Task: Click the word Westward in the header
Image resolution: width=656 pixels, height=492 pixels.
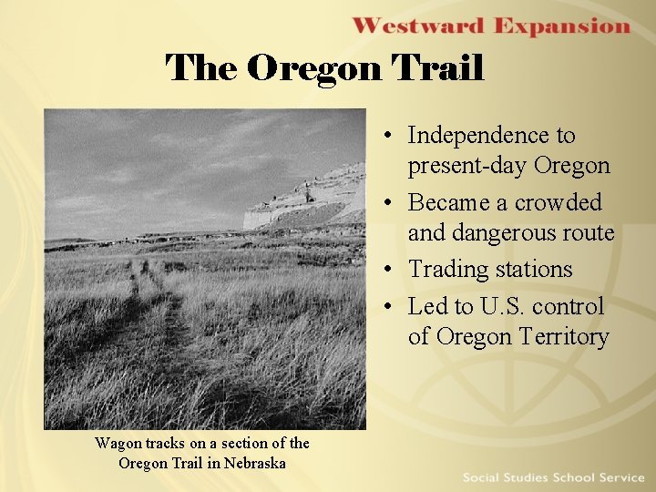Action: (418, 26)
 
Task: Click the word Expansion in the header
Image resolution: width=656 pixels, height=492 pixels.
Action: (562, 26)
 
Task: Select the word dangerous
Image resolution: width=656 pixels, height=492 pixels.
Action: (504, 233)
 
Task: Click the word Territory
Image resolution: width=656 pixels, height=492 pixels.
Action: (560, 337)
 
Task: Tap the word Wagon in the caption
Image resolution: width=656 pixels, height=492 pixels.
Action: (118, 444)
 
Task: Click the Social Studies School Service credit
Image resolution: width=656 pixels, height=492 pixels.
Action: (552, 477)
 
